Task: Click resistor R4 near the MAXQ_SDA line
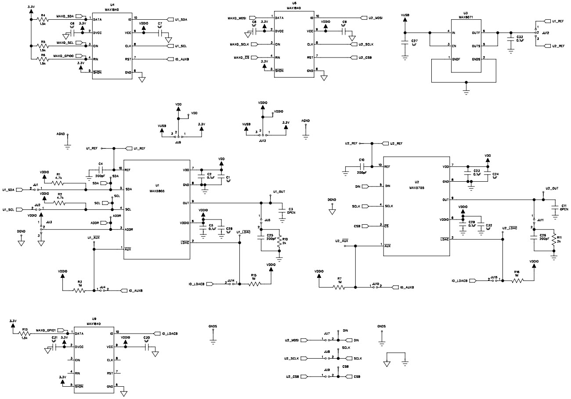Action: tap(43, 19)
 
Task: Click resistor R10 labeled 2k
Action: tap(279, 242)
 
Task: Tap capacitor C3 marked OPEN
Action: tap(282, 211)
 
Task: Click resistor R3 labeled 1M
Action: tap(80, 291)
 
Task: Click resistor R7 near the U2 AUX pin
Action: tap(339, 288)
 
